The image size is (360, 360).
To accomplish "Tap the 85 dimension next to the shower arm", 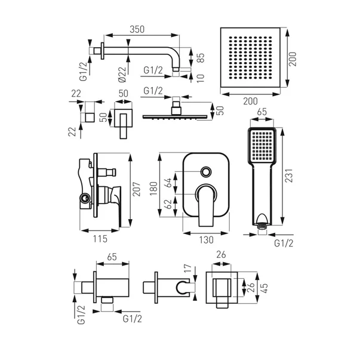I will point(201,59).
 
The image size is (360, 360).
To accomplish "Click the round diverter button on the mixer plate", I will point(206,172).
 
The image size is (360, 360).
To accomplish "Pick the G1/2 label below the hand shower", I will point(284,244).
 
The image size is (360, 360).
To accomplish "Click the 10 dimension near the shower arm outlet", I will point(201,76).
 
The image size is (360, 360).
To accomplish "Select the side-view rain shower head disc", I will point(177,116).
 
